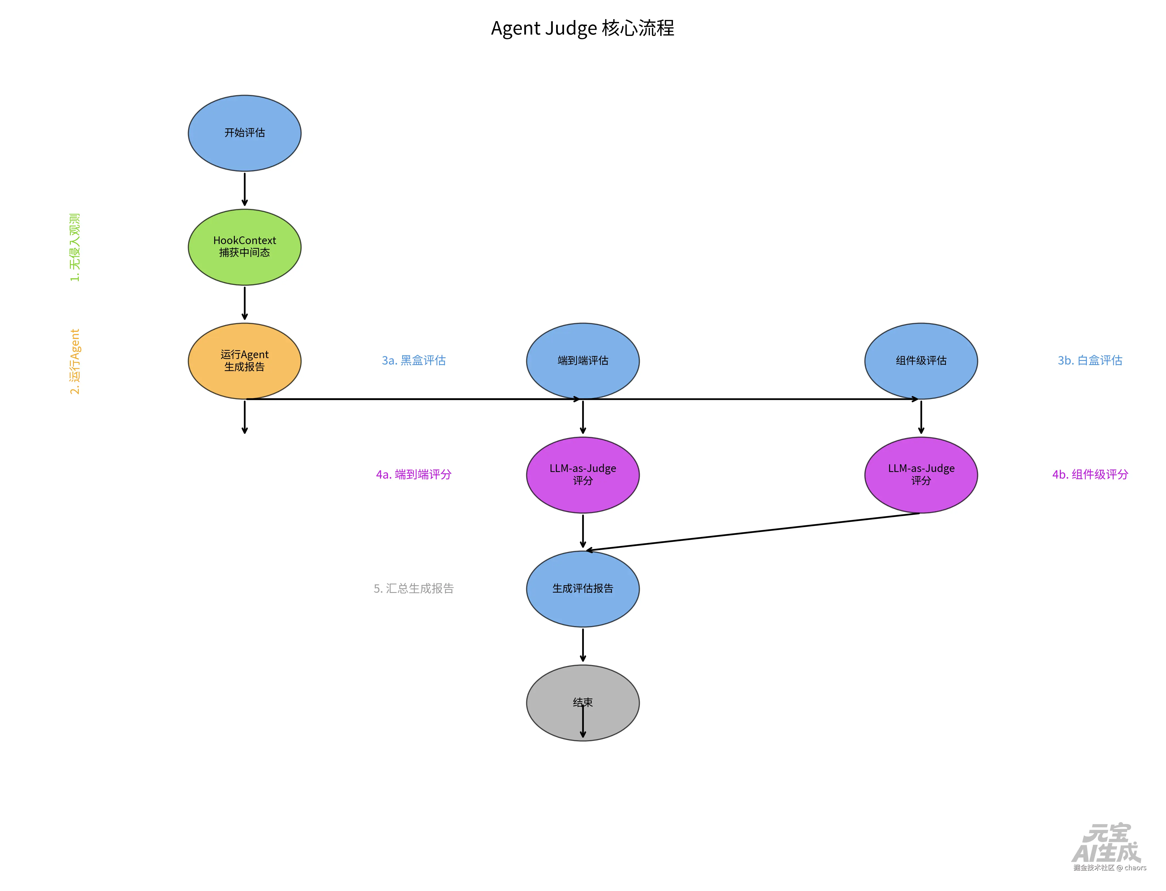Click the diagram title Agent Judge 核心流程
pos(582,28)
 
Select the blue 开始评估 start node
pos(244,133)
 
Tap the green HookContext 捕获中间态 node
pos(244,247)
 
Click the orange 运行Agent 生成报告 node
pos(244,361)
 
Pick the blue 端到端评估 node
pos(582,361)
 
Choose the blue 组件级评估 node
pos(921,361)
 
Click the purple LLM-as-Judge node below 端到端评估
pos(582,475)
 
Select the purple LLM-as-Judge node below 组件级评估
pos(921,475)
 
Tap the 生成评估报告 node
pos(582,589)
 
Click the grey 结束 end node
pos(582,703)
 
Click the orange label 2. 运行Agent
pos(75,361)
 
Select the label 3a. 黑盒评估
pos(414,361)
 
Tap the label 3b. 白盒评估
pos(1090,361)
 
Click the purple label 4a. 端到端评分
pos(414,475)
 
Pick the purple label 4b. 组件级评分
pos(1090,475)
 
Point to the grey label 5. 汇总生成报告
pos(414,589)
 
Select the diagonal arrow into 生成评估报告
pos(752,532)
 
